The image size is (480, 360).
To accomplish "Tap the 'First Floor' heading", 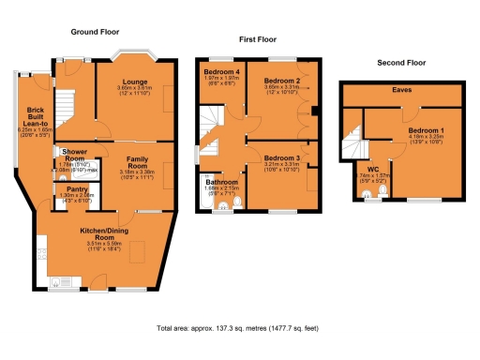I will (259, 41).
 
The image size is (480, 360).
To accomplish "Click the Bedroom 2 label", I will (281, 82).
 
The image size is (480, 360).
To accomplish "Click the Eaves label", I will (403, 92).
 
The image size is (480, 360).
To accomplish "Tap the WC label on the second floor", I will (373, 170).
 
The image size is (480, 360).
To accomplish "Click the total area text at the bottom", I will (239, 329).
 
